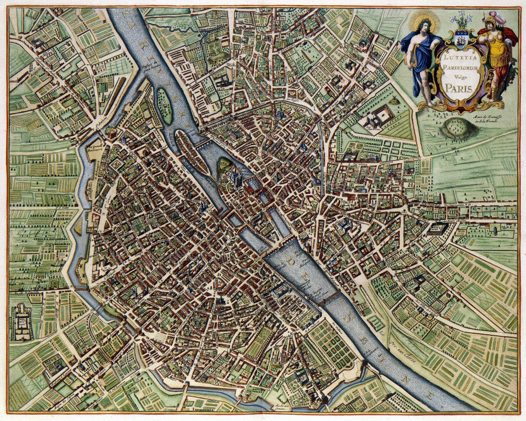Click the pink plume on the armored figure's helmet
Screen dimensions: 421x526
(x=499, y=18)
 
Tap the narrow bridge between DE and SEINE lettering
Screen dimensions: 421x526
(x=329, y=298)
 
